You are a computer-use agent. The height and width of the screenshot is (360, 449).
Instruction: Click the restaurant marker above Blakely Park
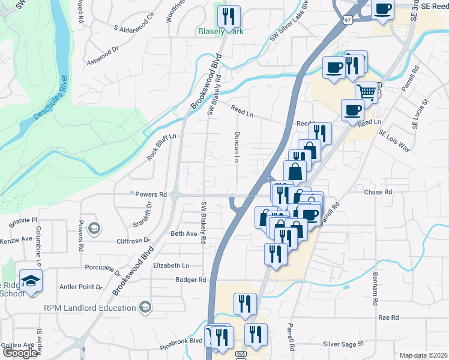[228, 16]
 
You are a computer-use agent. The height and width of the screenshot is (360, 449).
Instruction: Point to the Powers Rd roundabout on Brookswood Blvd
[176, 194]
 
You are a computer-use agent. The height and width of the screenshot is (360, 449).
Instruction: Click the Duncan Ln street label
[237, 148]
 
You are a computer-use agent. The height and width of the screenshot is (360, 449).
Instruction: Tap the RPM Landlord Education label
[89, 308]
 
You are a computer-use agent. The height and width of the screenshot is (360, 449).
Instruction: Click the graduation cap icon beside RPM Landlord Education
[144, 308]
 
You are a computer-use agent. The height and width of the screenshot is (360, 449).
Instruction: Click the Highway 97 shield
[348, 20]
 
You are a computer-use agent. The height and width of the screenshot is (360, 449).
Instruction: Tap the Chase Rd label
[378, 193]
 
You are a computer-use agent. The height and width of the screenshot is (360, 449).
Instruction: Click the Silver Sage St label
[344, 344]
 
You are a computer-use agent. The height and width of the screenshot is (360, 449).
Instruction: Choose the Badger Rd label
[191, 280]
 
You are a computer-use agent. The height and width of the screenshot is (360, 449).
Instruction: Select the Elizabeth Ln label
[171, 265]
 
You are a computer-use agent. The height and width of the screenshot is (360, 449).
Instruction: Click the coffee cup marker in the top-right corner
[383, 10]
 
